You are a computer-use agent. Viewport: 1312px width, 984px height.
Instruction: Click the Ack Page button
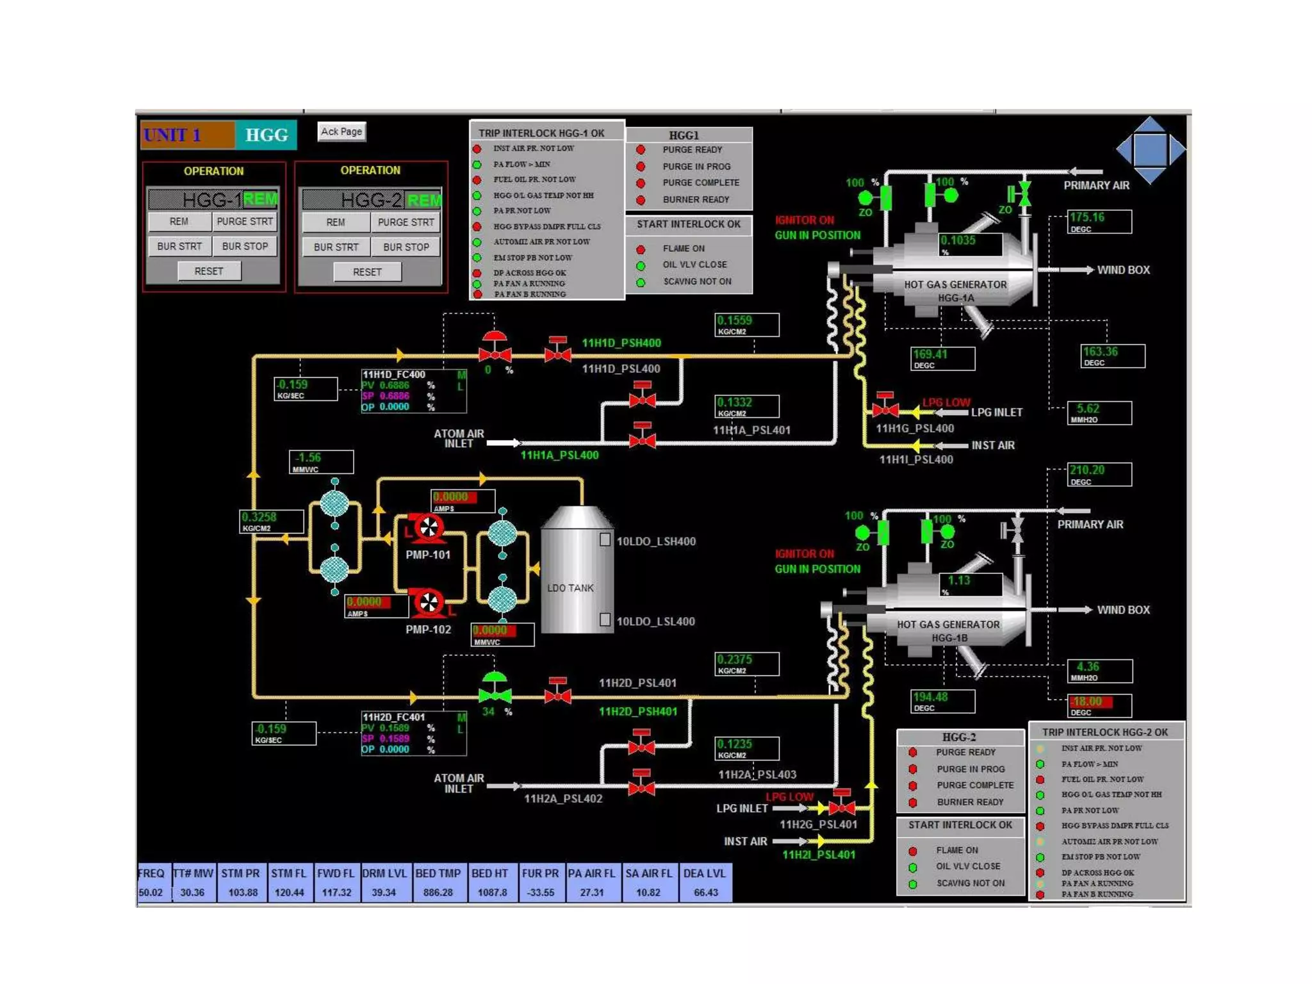pos(341,131)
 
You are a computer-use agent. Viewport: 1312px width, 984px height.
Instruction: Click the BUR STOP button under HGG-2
pos(406,247)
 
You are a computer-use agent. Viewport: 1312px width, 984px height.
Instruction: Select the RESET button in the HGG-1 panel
pos(209,272)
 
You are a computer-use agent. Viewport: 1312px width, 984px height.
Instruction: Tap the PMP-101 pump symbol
pos(427,528)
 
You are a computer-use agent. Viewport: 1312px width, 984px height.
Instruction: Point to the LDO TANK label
pos(570,588)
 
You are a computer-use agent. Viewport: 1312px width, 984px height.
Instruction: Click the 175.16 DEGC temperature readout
pos(1099,222)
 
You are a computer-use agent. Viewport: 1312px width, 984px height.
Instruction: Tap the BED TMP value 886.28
pos(438,892)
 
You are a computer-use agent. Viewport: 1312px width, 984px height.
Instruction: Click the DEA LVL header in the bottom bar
pos(705,873)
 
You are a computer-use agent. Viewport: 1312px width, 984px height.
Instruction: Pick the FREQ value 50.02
pos(151,892)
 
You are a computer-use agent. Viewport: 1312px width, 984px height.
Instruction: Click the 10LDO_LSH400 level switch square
pos(605,540)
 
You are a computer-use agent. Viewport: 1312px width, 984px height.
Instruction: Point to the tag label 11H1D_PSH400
pos(621,343)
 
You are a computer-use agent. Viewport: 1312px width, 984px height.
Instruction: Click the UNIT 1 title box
pos(188,135)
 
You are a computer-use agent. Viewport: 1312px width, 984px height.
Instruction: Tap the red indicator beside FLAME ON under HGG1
pos(641,249)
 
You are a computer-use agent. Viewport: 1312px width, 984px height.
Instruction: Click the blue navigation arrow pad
pos(1151,150)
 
